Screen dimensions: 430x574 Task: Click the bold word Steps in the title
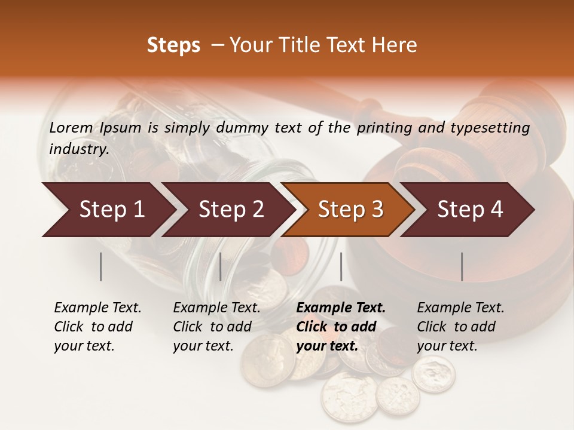click(173, 45)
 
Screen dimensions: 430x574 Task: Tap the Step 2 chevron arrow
click(230, 210)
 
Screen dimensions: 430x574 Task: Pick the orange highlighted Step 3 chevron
click(350, 210)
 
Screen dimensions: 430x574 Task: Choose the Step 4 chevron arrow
click(469, 210)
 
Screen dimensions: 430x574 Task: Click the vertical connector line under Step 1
click(101, 266)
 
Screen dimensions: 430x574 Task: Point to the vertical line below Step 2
click(221, 266)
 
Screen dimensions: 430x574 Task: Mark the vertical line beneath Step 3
click(341, 266)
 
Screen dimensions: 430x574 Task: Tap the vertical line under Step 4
click(462, 266)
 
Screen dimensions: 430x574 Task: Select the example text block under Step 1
click(97, 327)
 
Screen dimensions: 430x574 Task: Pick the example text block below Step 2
click(216, 327)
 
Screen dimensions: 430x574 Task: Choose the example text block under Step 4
click(460, 327)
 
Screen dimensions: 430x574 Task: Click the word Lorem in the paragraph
click(71, 128)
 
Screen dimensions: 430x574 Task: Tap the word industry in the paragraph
click(79, 149)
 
